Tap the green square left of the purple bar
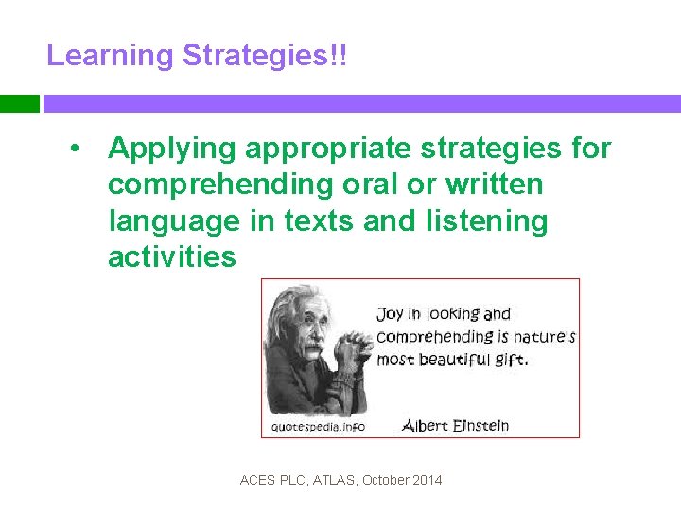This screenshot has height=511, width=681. (x=19, y=103)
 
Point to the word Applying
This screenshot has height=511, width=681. (x=171, y=149)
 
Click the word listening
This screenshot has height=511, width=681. (x=491, y=221)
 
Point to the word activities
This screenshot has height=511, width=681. (x=172, y=256)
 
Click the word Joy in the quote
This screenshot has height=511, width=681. (x=390, y=314)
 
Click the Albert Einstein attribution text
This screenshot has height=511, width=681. (x=456, y=425)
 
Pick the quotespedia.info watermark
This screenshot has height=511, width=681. (x=318, y=426)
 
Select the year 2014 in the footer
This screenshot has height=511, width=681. (x=427, y=480)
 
